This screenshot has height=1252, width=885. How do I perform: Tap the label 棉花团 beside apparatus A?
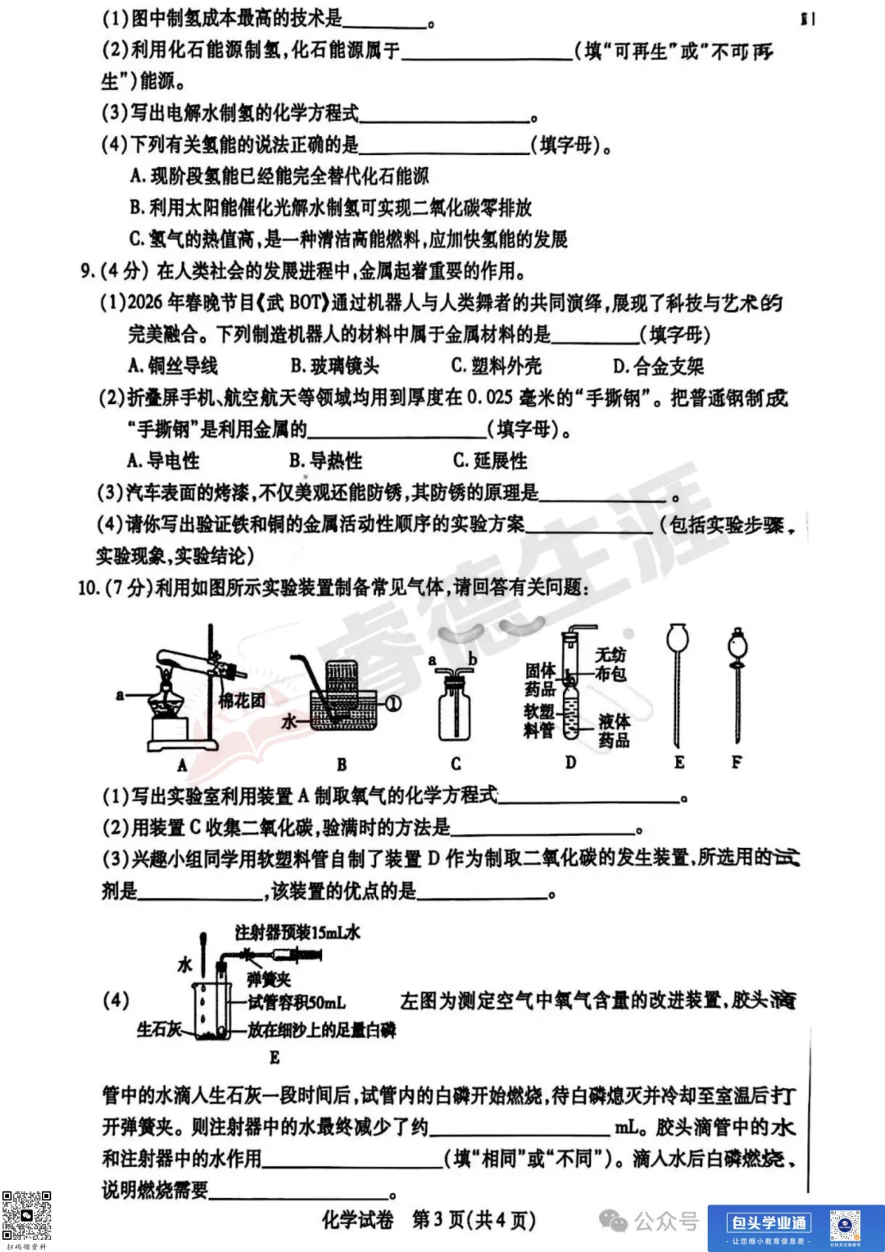(242, 701)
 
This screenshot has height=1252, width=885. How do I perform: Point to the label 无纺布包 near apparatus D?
(610, 664)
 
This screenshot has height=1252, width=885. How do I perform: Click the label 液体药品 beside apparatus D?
(614, 730)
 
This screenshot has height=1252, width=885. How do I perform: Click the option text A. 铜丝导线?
(173, 365)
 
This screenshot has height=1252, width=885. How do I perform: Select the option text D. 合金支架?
(658, 366)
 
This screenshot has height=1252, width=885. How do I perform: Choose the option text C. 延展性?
(490, 460)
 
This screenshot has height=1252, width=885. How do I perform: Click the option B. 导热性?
(325, 460)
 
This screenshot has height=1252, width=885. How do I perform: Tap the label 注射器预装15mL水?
(297, 932)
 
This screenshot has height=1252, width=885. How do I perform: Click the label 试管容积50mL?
(297, 1002)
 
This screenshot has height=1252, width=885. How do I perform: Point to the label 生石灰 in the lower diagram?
(159, 1029)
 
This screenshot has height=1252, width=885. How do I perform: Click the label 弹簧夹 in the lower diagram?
(269, 979)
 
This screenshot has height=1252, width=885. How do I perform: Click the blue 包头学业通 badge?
(768, 1223)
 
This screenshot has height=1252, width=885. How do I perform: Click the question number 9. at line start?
(88, 270)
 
